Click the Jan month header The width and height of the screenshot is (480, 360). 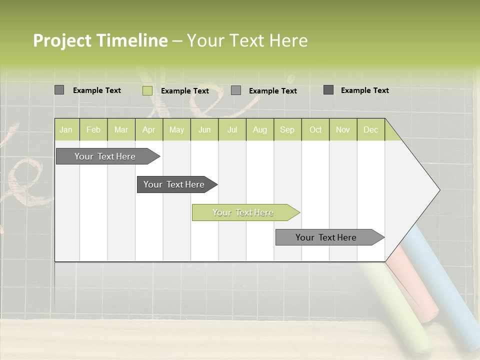[66, 129]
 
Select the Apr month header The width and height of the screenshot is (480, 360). [149, 129]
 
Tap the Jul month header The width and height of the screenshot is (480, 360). [232, 129]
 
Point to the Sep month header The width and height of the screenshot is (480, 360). [287, 129]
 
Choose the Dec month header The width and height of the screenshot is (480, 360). [370, 129]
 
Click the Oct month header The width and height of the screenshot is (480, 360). [315, 129]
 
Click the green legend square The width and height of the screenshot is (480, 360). [147, 90]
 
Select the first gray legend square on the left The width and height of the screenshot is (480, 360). [59, 90]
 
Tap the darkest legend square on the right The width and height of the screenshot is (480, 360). [328, 90]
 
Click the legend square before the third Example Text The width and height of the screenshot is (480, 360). [236, 90]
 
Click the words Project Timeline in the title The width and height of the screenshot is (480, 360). [100, 40]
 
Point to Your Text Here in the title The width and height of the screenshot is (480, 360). [247, 40]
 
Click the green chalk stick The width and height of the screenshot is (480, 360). [400, 310]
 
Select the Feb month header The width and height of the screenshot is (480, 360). [93, 129]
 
